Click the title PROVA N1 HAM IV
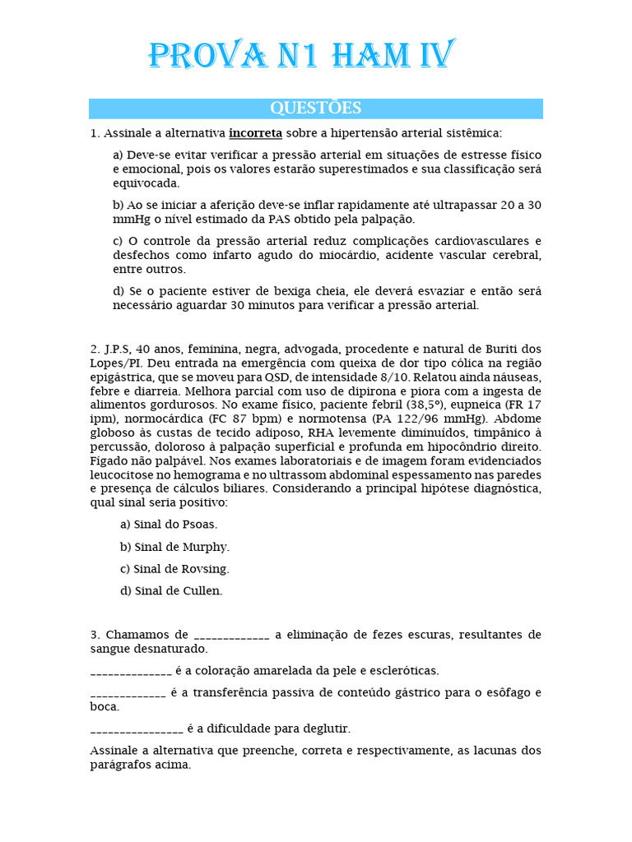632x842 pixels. click(300, 56)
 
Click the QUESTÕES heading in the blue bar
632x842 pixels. click(316, 109)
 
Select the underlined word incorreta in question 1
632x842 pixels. click(255, 133)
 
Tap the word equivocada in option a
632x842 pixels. click(146, 183)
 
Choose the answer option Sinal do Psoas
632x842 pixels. click(169, 525)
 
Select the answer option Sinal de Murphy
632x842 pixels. click(174, 547)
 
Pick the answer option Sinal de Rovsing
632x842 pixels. click(174, 569)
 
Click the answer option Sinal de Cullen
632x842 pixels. click(171, 590)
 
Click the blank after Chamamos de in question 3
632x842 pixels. click(231, 636)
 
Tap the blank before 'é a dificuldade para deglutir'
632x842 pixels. click(136, 729)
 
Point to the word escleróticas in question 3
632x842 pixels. click(404, 671)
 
